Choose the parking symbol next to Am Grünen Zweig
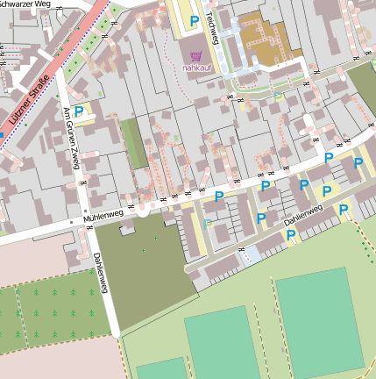point(79,111)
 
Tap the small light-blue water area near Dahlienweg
point(252,254)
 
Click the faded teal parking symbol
point(208,224)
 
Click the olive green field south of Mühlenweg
point(140,263)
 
